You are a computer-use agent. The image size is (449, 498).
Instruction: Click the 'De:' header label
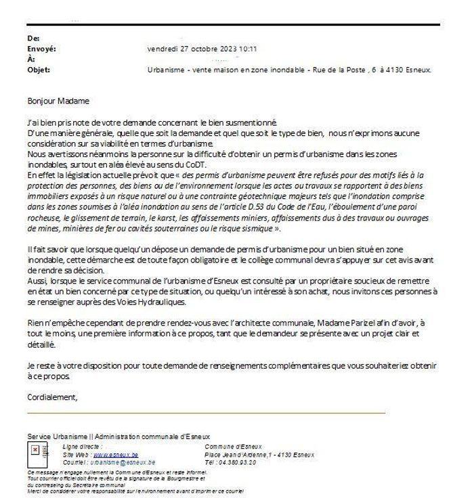[x=32, y=39]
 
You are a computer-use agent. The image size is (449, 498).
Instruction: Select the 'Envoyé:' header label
[x=40, y=49]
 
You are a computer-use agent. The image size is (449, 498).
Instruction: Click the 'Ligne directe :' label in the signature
[x=82, y=447]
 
